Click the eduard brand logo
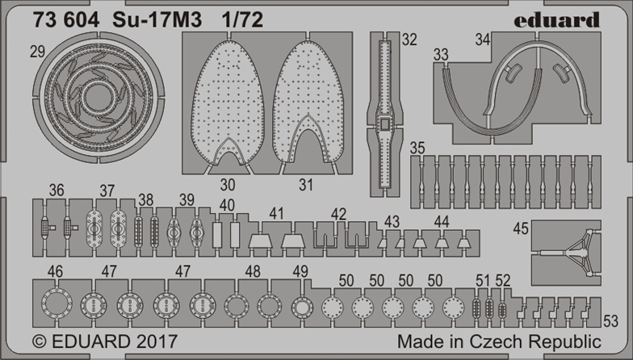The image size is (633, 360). [x=557, y=19]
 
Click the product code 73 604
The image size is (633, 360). [x=66, y=20]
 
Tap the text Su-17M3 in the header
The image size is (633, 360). [x=156, y=20]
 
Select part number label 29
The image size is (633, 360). [x=37, y=52]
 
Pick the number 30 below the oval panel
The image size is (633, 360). [x=228, y=185]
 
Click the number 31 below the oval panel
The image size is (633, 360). [x=306, y=185]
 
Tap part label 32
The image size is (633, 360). [x=409, y=40]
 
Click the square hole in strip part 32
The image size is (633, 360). [x=384, y=124]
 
